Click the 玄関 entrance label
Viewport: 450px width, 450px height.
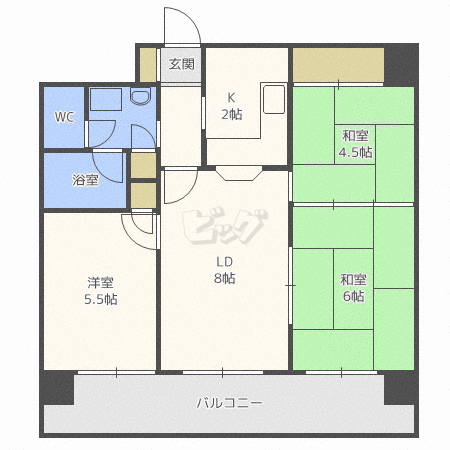181,64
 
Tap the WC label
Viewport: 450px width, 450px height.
64,117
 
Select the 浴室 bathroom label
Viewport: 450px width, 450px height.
85,180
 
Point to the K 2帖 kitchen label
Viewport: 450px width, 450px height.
232,106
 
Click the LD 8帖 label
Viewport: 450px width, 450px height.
225,270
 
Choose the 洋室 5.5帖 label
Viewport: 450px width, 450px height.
101,291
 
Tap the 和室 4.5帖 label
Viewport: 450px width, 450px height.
355,144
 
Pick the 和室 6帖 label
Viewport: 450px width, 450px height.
353,288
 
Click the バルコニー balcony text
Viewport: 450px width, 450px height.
229,403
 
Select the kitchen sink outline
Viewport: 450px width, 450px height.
274,99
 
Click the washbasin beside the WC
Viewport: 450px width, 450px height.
140,96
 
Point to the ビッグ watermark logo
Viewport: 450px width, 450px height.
225,226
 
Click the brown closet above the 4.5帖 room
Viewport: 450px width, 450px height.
338,65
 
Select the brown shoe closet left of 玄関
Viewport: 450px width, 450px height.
148,65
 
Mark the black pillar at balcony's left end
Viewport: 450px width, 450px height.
57,387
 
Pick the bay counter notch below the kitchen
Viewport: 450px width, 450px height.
239,173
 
